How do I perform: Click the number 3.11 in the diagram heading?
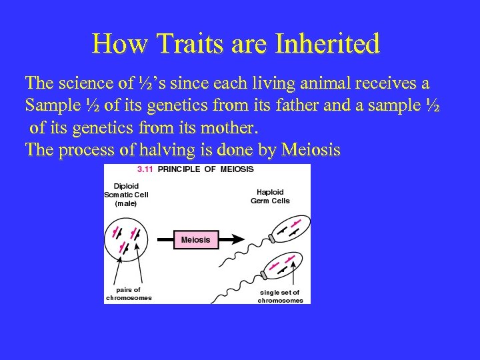click(x=145, y=169)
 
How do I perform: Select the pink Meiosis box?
click(x=195, y=239)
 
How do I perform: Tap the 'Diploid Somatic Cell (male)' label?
click(x=126, y=195)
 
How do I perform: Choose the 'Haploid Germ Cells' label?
click(x=270, y=196)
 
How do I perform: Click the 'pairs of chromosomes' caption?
click(x=128, y=294)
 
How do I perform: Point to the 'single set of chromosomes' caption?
click(x=279, y=296)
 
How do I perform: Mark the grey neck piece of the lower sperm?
click(x=264, y=275)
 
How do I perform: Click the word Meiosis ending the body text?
click(x=311, y=150)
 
